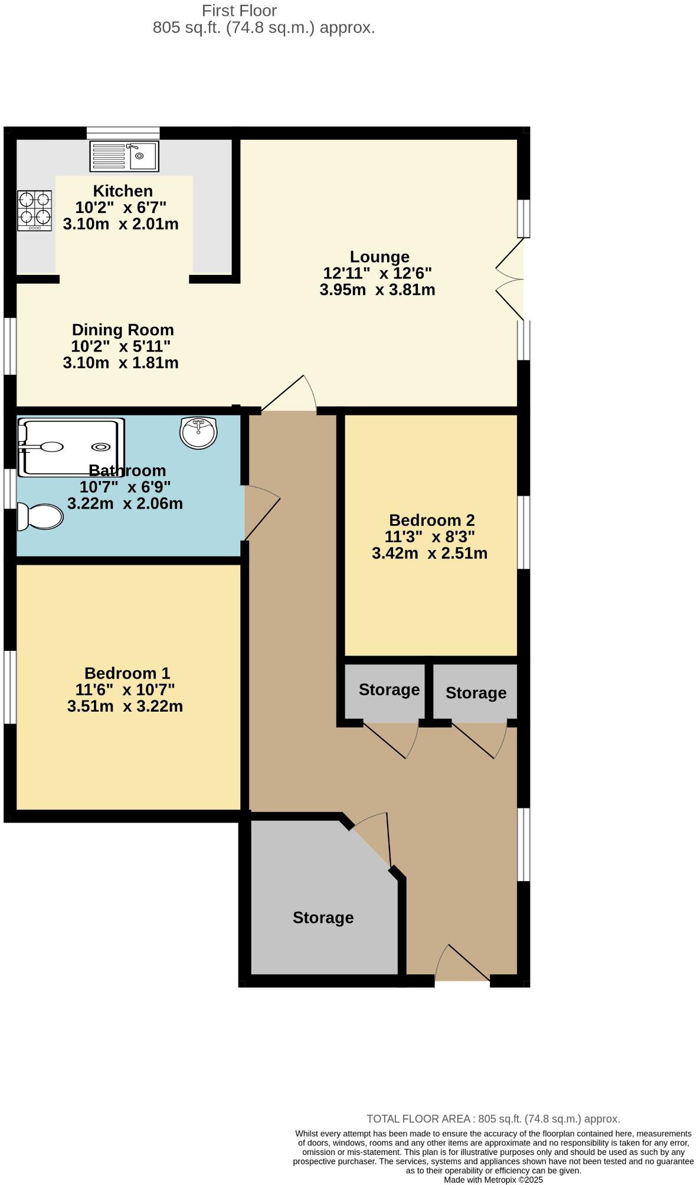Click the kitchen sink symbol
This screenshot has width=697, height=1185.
(x=124, y=156)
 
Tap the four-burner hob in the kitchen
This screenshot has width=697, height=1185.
(x=34, y=210)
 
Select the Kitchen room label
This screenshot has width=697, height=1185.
(x=123, y=191)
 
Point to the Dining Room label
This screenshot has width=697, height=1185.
(x=123, y=330)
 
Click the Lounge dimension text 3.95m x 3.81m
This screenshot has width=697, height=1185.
(x=377, y=290)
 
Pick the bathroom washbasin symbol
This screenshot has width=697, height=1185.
(x=198, y=433)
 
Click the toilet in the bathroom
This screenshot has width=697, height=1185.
(x=39, y=517)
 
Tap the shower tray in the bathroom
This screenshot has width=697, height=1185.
(x=71, y=447)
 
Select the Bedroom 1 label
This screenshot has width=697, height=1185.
(x=127, y=673)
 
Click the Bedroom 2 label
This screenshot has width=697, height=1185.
(x=431, y=521)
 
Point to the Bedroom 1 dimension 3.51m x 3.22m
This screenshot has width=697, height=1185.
(x=125, y=706)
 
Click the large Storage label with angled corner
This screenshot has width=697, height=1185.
(x=323, y=918)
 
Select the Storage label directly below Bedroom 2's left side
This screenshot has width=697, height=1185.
(x=389, y=690)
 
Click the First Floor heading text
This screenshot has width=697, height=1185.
(x=239, y=11)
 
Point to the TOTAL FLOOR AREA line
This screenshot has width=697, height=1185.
(x=493, y=1119)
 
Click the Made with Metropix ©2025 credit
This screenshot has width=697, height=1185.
(x=493, y=1180)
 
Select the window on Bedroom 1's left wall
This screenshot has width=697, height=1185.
(x=9, y=687)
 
